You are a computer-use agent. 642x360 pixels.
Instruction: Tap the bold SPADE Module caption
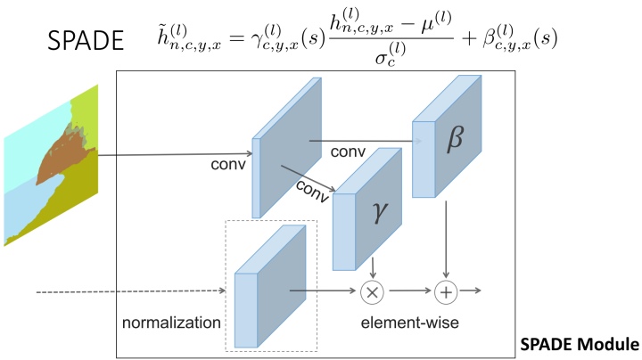pos(580,344)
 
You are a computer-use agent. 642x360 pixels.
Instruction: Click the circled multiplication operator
pos(373,290)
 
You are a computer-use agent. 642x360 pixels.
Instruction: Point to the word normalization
pos(171,322)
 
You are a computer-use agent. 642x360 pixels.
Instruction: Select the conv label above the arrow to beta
pos(348,152)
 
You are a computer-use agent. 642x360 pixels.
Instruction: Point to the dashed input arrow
pos(125,290)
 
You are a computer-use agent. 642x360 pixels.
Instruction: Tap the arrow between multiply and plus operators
pos(408,290)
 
